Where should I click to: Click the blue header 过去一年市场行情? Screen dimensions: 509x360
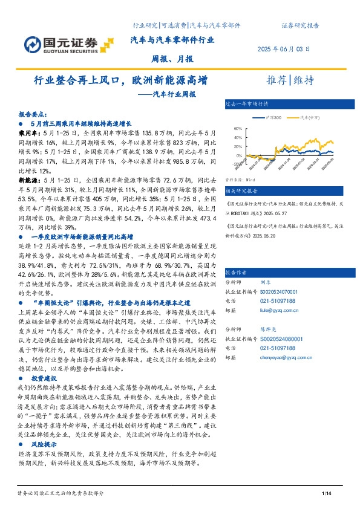click(x=246, y=103)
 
